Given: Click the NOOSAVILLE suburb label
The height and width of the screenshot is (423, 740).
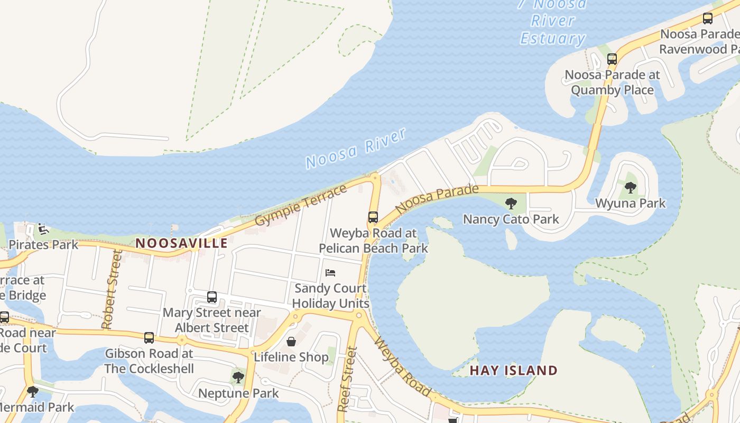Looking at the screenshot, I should [182, 243].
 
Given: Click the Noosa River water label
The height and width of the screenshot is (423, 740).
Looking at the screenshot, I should [356, 148].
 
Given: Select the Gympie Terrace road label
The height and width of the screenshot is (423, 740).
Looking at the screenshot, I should [301, 205].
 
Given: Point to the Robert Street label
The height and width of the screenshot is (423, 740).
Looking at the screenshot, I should [113, 289].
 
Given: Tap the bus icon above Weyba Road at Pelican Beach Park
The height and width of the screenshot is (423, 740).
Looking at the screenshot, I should [373, 217].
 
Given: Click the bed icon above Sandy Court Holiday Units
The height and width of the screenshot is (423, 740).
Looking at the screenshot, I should [330, 273].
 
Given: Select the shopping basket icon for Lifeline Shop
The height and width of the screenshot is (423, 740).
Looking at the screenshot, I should [291, 342].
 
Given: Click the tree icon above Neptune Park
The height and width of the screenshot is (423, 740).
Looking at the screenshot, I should [238, 378].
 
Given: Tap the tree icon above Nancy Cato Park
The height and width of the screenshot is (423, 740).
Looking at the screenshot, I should [511, 203].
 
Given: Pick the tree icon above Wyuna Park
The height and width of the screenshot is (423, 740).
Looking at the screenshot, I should [630, 187].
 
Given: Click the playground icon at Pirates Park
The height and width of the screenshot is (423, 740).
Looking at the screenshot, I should [43, 229].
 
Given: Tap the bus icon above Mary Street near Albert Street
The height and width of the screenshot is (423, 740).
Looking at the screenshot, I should [212, 297].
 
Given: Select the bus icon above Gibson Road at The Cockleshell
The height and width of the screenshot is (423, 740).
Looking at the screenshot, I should [149, 337].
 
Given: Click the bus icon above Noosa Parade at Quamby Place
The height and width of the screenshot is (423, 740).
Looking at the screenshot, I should [612, 59].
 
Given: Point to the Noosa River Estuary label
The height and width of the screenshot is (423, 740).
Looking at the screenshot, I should [553, 21].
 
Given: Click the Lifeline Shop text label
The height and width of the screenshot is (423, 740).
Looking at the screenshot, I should [291, 357].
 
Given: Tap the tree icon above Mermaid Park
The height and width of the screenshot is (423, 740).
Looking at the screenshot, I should [33, 392].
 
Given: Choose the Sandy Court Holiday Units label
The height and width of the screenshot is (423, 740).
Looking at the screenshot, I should [330, 296].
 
